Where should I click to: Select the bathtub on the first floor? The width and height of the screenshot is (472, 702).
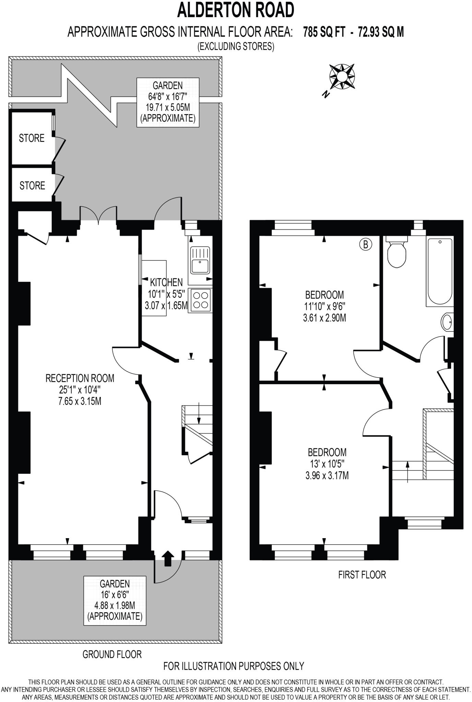pos(440,271)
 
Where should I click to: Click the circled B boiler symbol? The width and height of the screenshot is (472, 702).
pos(366,244)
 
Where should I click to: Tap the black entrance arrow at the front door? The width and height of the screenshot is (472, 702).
pos(167,558)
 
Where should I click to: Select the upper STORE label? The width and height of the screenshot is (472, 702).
pos(32,138)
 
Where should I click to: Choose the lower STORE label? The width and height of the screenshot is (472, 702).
pos(32,185)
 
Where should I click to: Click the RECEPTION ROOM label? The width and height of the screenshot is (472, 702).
pos(80,378)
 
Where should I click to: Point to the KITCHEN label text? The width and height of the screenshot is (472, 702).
pos(166,282)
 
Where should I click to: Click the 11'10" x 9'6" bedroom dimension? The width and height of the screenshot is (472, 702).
pos(324,306)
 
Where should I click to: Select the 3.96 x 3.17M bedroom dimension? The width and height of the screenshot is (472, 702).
pos(327,476)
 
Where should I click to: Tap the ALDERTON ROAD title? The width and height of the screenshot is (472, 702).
pos(236,10)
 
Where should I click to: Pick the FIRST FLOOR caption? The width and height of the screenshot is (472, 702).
pos(362,574)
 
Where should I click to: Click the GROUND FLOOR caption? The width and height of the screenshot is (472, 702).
pos(112,654)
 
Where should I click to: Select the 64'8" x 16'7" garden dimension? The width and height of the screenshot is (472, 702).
pos(168,96)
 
